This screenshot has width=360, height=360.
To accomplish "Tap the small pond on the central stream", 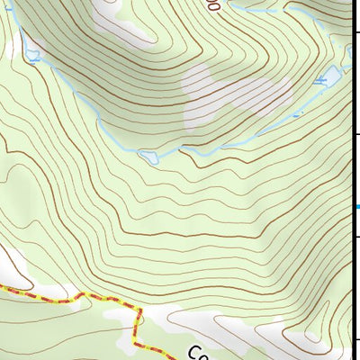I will pos(150,157).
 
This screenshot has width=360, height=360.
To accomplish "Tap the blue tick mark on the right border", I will pos(356,207).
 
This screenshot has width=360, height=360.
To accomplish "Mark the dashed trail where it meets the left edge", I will pos(2,287).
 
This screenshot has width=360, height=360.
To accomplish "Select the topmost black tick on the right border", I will pos(355,32).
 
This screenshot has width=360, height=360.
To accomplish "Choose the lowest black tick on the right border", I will pos(355,339).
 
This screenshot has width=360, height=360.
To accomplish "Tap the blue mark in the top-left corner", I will pos(7,7).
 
